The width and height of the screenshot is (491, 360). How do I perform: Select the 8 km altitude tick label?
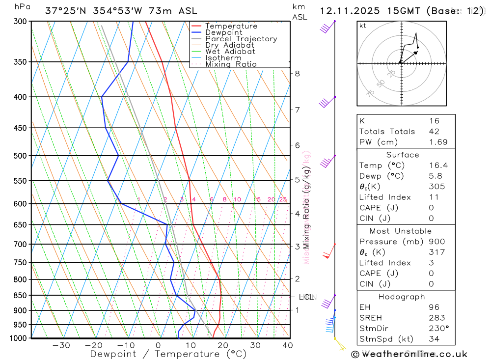coord(297,74)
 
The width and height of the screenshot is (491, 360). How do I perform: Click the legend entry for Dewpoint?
coord(223,32)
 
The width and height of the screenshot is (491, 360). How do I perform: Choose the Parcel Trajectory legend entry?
coord(241,39)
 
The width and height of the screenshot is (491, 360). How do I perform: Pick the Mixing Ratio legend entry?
coord(231,64)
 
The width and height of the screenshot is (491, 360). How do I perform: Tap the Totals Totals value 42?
coord(434,131)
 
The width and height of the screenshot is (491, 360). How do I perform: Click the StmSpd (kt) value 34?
coord(434,339)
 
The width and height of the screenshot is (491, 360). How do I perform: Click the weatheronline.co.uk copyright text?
coord(409,354)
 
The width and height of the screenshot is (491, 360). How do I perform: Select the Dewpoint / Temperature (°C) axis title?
coord(168,354)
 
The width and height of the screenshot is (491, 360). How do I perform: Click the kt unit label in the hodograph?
coord(363,26)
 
